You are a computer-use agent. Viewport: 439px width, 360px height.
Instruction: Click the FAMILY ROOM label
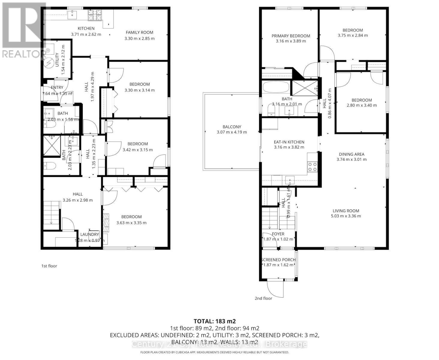tap(139, 32)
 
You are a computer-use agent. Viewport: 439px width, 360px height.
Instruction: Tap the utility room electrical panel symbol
tap(48, 62)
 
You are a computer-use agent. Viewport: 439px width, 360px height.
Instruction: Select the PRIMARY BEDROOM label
tap(291, 36)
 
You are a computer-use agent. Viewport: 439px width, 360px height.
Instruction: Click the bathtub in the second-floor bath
tap(276, 88)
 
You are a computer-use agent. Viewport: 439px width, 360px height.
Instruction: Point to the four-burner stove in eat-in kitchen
tap(312, 166)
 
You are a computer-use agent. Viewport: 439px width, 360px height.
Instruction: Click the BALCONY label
tap(231, 127)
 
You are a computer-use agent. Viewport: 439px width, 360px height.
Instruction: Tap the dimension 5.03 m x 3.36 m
tap(346, 216)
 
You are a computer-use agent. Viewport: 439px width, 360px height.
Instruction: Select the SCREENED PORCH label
tap(278, 260)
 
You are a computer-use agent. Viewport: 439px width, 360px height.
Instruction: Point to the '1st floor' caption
tap(49, 266)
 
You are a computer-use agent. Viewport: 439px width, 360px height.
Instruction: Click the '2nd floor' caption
tap(263, 298)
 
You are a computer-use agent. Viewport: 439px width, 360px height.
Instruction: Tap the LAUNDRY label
tap(89, 234)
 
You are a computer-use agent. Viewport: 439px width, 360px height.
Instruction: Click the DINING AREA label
tap(351, 154)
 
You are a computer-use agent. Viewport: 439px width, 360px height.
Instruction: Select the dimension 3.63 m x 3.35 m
tap(131, 223)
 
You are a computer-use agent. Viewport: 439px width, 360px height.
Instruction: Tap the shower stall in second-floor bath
tap(305, 88)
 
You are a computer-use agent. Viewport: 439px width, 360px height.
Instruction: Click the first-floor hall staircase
tap(52, 214)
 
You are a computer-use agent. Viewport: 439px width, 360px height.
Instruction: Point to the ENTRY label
tap(57, 88)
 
